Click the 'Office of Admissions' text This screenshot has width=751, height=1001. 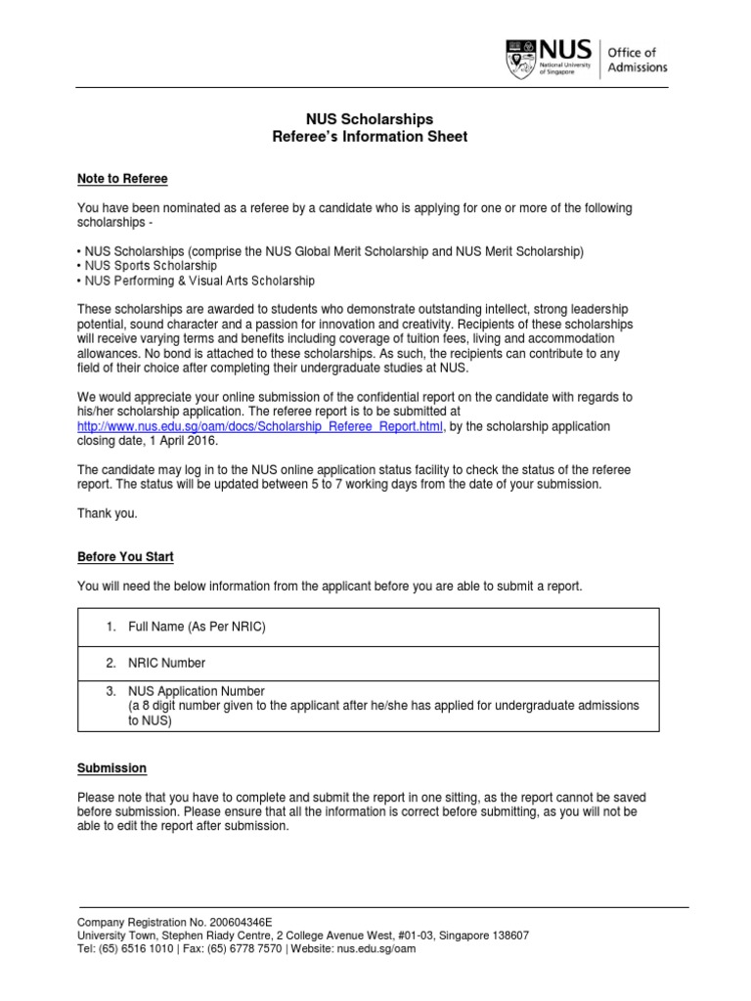click(x=639, y=60)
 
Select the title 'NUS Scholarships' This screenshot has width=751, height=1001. click(x=370, y=118)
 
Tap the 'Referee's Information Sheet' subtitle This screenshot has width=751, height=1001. click(x=370, y=137)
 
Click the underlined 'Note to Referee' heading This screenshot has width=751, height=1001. click(x=122, y=179)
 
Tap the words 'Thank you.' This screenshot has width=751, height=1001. click(x=108, y=513)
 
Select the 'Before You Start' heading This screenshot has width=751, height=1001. click(x=125, y=557)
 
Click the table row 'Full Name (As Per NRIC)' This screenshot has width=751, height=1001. click(x=197, y=627)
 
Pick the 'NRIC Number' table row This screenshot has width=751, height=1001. click(x=166, y=663)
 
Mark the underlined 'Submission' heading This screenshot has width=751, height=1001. click(x=111, y=769)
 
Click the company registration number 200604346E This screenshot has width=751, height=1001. click(x=240, y=922)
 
